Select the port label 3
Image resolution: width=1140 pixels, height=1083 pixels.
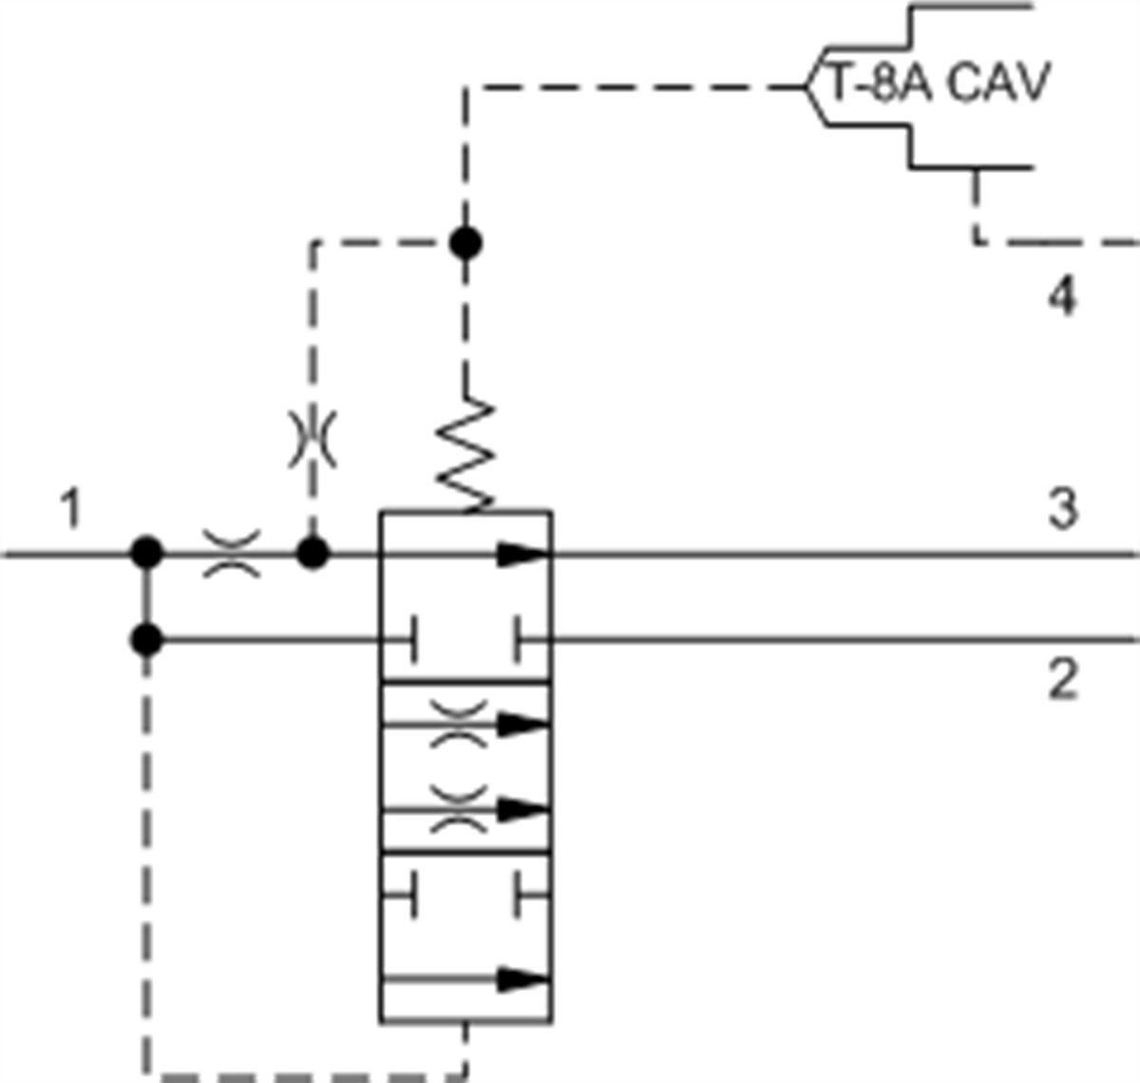point(1063,509)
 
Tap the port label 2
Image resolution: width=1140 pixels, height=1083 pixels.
point(1063,680)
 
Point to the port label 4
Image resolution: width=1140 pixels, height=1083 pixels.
point(1063,298)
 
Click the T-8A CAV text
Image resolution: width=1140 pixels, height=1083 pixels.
point(939,84)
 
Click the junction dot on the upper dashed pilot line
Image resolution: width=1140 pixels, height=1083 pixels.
point(465,244)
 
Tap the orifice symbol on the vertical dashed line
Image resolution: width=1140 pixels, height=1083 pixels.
point(313,440)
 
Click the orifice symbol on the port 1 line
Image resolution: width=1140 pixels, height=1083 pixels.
point(232,554)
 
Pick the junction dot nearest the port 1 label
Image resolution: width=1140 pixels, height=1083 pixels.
point(147,552)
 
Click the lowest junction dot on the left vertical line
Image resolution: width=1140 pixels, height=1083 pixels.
point(147,640)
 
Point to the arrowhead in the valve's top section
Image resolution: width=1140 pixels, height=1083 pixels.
point(523,554)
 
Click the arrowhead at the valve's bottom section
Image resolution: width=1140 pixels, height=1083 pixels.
point(523,978)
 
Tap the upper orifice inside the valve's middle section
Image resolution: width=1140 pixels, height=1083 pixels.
point(459,725)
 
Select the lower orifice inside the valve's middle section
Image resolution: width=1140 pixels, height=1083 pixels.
point(459,810)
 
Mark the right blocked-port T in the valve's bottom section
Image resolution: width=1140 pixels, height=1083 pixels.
point(520,894)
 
